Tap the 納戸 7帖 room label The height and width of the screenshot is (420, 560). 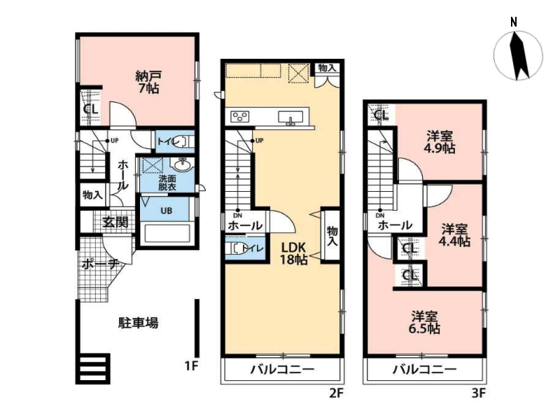148,82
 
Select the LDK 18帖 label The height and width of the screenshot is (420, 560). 293,253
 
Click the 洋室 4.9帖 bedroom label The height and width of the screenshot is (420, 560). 440,142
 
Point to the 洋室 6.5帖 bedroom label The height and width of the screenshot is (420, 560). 424,323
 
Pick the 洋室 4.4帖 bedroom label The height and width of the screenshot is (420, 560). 454,235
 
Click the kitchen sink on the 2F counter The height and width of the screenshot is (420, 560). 290,118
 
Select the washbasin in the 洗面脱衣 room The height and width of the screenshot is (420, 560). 183,164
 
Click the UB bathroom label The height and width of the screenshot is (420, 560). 166,211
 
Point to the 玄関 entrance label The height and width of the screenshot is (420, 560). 115,222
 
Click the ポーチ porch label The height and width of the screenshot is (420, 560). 100,265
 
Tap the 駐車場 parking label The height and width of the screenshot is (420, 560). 138,323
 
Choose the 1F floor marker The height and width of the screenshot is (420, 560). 191,365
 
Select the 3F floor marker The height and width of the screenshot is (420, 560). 479,393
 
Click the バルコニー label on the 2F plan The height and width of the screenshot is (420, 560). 282,369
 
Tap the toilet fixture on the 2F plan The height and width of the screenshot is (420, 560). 237,248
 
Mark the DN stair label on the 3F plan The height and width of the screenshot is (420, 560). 380,216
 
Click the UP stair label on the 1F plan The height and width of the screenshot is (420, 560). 114,141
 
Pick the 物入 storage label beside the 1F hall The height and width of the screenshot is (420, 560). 93,195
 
